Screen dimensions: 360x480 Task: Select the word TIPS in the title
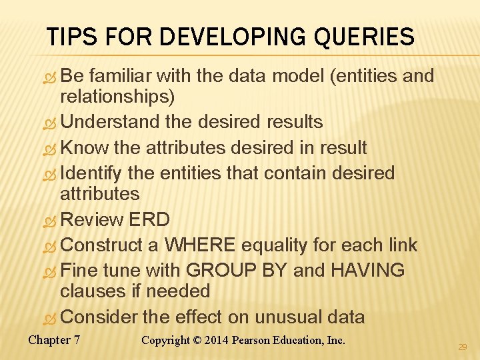click(x=71, y=37)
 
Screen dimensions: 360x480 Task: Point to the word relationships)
click(x=117, y=97)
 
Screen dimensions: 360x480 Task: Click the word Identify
click(x=91, y=173)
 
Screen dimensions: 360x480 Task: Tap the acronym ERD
click(x=150, y=219)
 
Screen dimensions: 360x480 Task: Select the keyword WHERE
click(x=200, y=245)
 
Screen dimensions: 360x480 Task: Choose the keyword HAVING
click(x=367, y=270)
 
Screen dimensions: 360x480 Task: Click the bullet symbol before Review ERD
click(x=51, y=221)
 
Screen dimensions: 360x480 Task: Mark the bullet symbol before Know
click(x=51, y=149)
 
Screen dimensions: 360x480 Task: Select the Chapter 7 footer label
click(x=54, y=340)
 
